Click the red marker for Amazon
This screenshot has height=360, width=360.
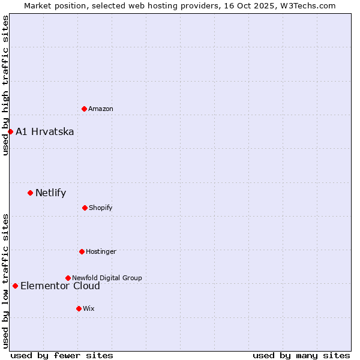(84, 109)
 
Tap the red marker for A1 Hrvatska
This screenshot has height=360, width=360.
(10, 131)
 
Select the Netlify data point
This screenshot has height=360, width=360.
(30, 193)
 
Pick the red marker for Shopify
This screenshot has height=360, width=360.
(85, 208)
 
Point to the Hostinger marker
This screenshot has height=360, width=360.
(82, 251)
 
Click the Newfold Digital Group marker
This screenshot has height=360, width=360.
(68, 278)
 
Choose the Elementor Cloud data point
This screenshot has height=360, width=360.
(15, 286)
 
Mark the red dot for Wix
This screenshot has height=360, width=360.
(79, 308)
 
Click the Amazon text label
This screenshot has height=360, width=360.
(101, 109)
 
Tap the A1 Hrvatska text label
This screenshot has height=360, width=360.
(45, 132)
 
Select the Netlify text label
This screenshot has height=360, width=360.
(51, 193)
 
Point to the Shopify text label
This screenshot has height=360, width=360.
(101, 208)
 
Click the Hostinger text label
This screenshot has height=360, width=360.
(101, 251)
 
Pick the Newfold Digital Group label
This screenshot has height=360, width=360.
(107, 278)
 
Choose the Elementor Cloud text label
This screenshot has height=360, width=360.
(60, 286)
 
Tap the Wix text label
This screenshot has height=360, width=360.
(89, 308)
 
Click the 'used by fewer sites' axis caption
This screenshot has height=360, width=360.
(62, 355)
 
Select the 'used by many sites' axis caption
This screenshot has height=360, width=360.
(301, 355)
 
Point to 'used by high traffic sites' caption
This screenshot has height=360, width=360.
(5, 85)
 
